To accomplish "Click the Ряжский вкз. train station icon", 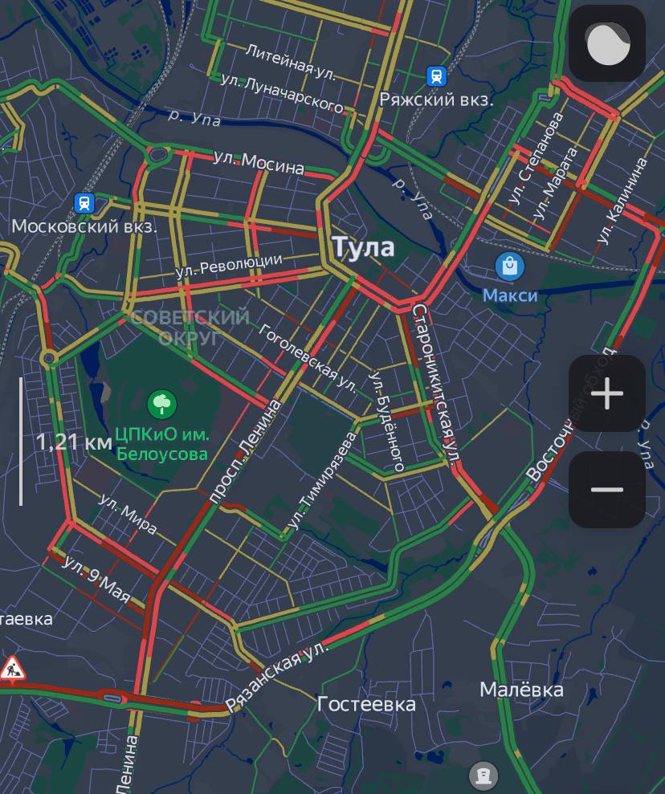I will tap(436, 75).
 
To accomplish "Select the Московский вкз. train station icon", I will tap(84, 202).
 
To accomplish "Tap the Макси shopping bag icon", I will tap(509, 266).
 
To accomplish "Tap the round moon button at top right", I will tap(607, 43).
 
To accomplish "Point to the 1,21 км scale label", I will tap(73, 442).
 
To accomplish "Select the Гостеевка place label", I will tap(366, 705).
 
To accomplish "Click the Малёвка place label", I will tap(521, 690).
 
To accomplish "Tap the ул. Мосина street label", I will tap(259, 162).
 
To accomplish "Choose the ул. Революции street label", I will tap(229, 267).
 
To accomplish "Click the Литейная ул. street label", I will tap(290, 61).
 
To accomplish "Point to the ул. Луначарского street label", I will tap(282, 94).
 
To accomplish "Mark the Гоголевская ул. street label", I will tap(308, 360).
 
